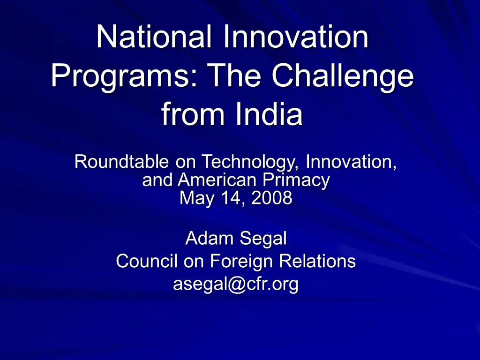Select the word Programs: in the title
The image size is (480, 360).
125,75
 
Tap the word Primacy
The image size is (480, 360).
296,180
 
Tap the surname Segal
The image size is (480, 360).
263,239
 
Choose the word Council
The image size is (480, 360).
147,261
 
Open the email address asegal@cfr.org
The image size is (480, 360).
236,284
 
